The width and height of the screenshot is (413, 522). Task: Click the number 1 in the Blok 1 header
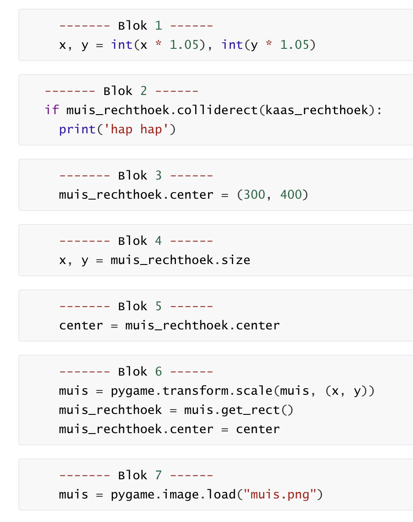pyautogui.click(x=158, y=26)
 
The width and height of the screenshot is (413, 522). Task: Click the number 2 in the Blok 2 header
pyautogui.click(x=144, y=91)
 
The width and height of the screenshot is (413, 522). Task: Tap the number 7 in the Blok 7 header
pyautogui.click(x=158, y=475)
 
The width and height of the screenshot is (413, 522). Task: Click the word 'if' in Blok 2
pyautogui.click(x=52, y=110)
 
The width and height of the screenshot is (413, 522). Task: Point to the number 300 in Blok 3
pyautogui.click(x=254, y=195)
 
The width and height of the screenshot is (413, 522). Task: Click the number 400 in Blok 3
pyautogui.click(x=291, y=195)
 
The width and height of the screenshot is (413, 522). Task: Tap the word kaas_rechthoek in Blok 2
pyautogui.click(x=317, y=110)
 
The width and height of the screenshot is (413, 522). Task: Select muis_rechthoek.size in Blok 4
pyautogui.click(x=180, y=260)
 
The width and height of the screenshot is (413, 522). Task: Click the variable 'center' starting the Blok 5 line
pyautogui.click(x=81, y=325)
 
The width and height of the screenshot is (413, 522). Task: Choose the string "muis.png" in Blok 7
pyautogui.click(x=279, y=495)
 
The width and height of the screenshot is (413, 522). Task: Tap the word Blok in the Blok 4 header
pyautogui.click(x=133, y=241)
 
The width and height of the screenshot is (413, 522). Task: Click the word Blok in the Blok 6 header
pyautogui.click(x=133, y=372)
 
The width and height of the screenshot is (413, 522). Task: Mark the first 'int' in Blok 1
pyautogui.click(x=121, y=45)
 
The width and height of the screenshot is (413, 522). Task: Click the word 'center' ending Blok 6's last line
pyautogui.click(x=258, y=429)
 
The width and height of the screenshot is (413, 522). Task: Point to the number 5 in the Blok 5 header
pyautogui.click(x=158, y=306)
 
